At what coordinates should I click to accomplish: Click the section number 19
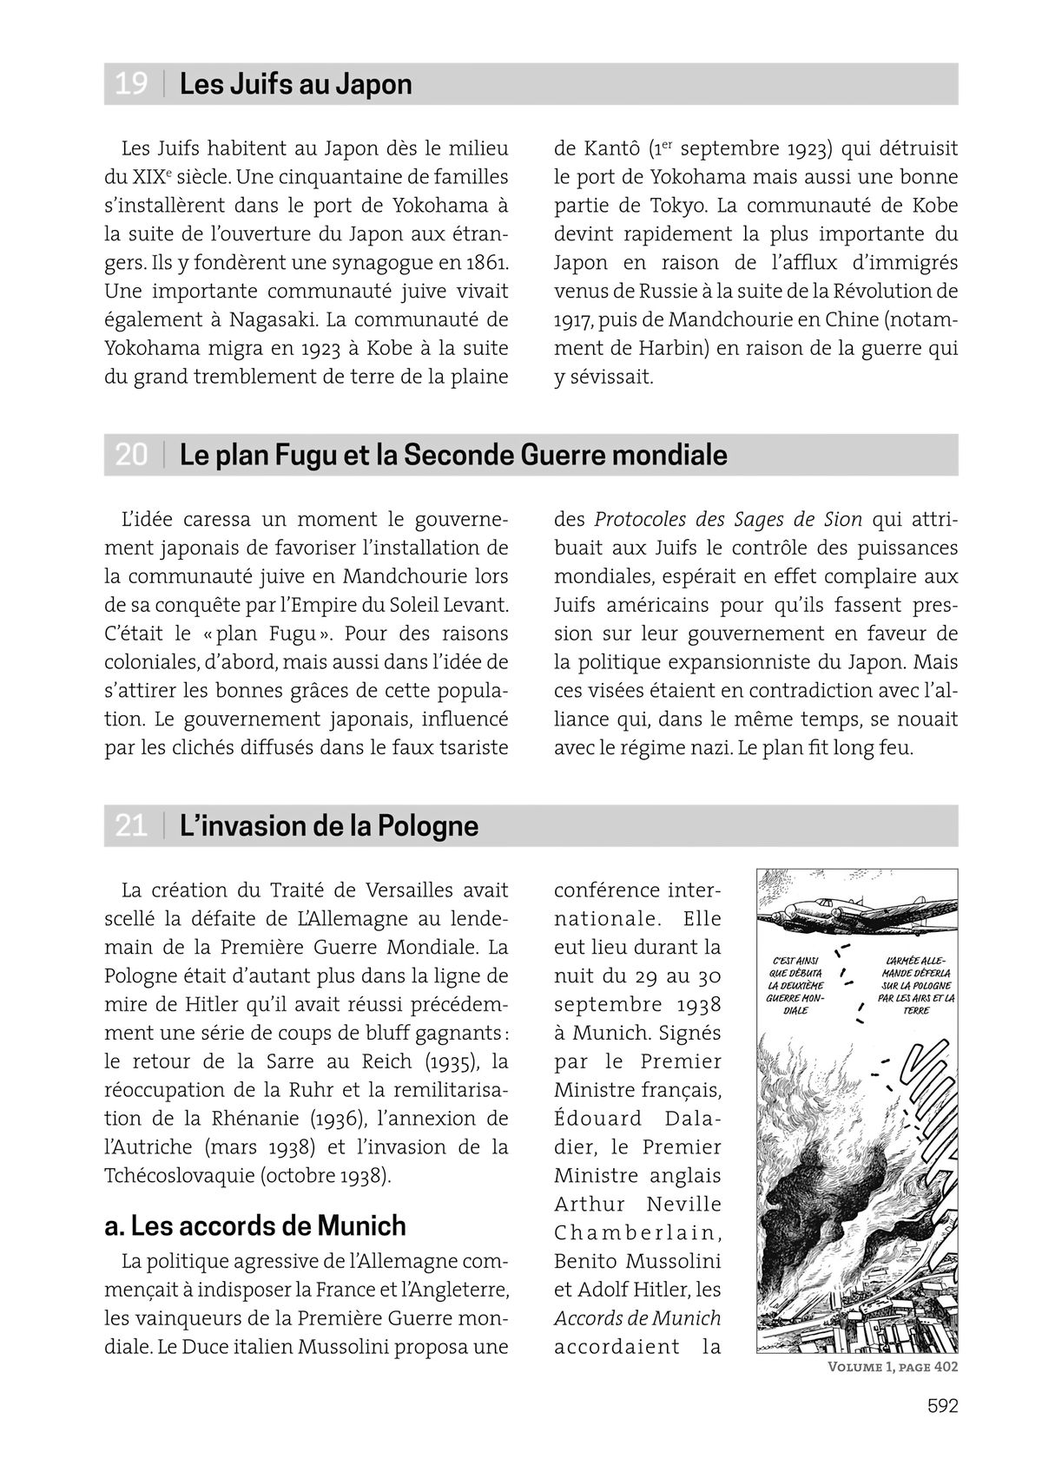click(131, 84)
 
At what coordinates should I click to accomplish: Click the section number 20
click(131, 455)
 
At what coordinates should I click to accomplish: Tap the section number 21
click(131, 825)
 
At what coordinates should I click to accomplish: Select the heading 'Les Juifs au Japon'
click(295, 84)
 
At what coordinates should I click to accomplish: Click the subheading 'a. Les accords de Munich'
click(254, 1225)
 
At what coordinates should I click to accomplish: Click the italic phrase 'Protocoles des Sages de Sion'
click(728, 519)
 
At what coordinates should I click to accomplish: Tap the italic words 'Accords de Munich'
click(637, 1318)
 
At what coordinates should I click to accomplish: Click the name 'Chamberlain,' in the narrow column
click(637, 1232)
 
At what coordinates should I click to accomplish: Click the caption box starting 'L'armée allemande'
click(914, 985)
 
